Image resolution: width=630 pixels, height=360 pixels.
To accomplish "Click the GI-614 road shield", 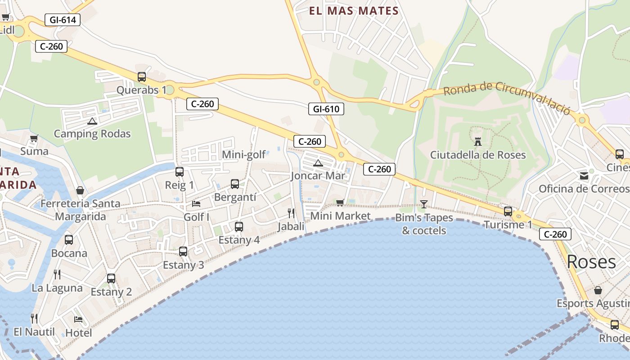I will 63,20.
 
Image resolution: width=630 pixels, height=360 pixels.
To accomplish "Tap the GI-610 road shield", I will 326,109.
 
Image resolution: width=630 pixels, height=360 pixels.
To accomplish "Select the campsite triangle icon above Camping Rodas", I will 92,121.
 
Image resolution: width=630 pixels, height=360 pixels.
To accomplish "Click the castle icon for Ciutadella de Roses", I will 478,142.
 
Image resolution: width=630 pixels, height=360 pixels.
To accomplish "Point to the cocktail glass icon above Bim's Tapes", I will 423,204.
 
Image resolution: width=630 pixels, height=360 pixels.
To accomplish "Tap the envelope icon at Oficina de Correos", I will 584,176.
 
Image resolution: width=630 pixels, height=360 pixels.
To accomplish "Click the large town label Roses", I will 591,262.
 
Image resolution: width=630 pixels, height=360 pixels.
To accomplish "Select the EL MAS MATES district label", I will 354,11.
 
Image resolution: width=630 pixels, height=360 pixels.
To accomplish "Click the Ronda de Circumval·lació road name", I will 507,96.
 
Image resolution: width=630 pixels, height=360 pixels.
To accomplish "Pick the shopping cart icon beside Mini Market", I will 340,202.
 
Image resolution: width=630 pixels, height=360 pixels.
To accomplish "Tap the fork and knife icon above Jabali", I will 291,213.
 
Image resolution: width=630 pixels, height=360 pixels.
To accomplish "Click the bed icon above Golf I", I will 196,204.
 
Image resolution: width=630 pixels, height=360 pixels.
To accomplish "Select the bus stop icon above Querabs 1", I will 142,77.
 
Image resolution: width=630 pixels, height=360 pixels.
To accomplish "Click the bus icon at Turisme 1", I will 508,211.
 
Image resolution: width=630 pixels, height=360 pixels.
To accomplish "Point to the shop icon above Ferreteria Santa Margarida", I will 80,190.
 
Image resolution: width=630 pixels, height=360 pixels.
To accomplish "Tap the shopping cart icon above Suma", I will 34,138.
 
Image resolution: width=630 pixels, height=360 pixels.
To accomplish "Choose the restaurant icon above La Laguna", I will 57,274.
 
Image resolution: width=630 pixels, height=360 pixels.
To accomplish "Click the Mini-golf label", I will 244,155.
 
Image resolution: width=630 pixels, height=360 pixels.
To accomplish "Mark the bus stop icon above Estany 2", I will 111,279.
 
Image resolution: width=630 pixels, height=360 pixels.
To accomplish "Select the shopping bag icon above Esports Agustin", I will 598,290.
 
